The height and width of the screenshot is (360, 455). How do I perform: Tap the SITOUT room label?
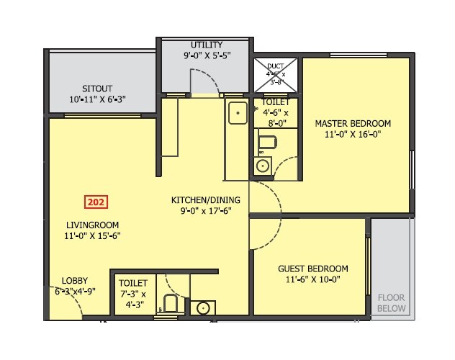(x=96, y=89)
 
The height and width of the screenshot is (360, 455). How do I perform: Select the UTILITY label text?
(x=207, y=45)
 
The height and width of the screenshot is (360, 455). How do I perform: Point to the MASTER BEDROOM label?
(x=353, y=123)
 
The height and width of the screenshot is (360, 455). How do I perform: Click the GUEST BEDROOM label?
(x=312, y=269)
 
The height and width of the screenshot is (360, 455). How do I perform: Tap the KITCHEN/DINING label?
(x=205, y=200)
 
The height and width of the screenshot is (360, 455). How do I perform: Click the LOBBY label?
(x=75, y=281)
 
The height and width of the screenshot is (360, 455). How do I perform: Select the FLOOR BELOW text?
(x=392, y=302)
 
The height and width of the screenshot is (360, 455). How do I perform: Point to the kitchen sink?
(x=237, y=113)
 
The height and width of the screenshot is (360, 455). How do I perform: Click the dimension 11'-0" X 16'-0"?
(x=353, y=134)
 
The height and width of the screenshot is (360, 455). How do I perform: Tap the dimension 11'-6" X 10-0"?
(x=312, y=279)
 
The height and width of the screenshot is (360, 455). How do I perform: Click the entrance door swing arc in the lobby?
(x=68, y=306)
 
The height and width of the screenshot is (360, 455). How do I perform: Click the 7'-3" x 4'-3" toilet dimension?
(x=133, y=299)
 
